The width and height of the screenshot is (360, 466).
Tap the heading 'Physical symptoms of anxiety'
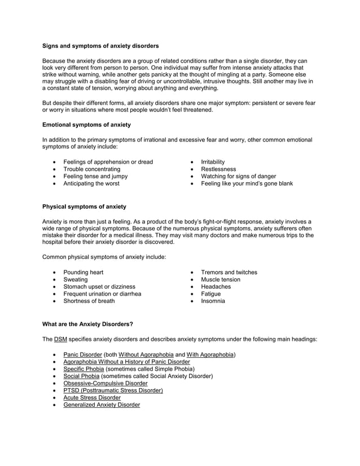pyautogui.click(x=84, y=207)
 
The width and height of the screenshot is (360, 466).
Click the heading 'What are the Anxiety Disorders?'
pyautogui.click(x=87, y=324)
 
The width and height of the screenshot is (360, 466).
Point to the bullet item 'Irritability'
pyautogui.click(x=208, y=162)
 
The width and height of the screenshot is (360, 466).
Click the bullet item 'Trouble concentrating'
pyautogui.click(x=91, y=169)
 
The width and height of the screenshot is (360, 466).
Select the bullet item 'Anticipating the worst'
pyautogui.click(x=91, y=183)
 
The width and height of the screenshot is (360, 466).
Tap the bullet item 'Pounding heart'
pyautogui.click(x=83, y=272)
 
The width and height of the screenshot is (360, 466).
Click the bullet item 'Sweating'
pyautogui.click(x=75, y=280)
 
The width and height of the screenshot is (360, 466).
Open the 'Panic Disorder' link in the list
pyautogui.click(x=82, y=354)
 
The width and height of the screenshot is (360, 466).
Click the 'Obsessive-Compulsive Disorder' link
pyautogui.click(x=105, y=383)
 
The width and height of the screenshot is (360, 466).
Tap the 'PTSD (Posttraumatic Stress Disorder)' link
pyautogui.click(x=113, y=390)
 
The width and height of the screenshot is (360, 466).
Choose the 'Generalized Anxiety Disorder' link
pyautogui.click(x=102, y=405)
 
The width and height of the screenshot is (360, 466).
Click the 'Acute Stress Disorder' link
pyautogui.click(x=92, y=398)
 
